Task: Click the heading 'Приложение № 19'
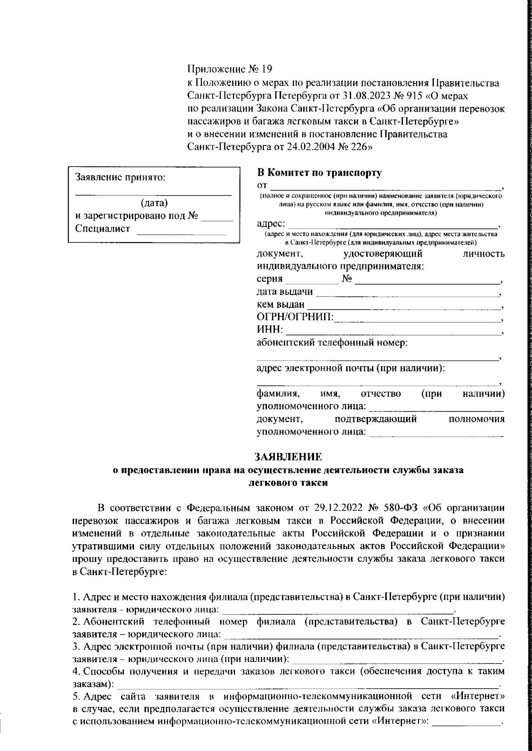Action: [229, 69]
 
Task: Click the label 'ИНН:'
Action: [269, 330]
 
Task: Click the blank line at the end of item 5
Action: [465, 721]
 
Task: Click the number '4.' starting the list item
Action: [76, 671]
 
